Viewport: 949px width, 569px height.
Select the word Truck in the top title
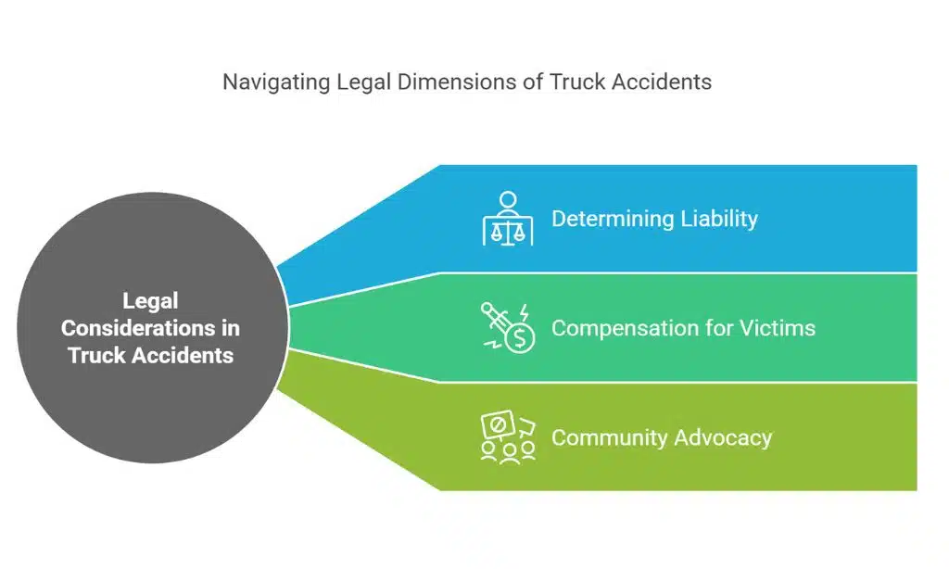[576, 82]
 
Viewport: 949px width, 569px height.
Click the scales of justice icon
[508, 220]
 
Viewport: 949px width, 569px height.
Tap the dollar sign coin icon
[520, 339]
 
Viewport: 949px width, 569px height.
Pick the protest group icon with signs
[508, 437]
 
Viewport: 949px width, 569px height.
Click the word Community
[609, 437]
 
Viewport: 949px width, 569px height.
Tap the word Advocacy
[724, 437]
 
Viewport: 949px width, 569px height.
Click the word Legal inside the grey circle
[150, 301]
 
